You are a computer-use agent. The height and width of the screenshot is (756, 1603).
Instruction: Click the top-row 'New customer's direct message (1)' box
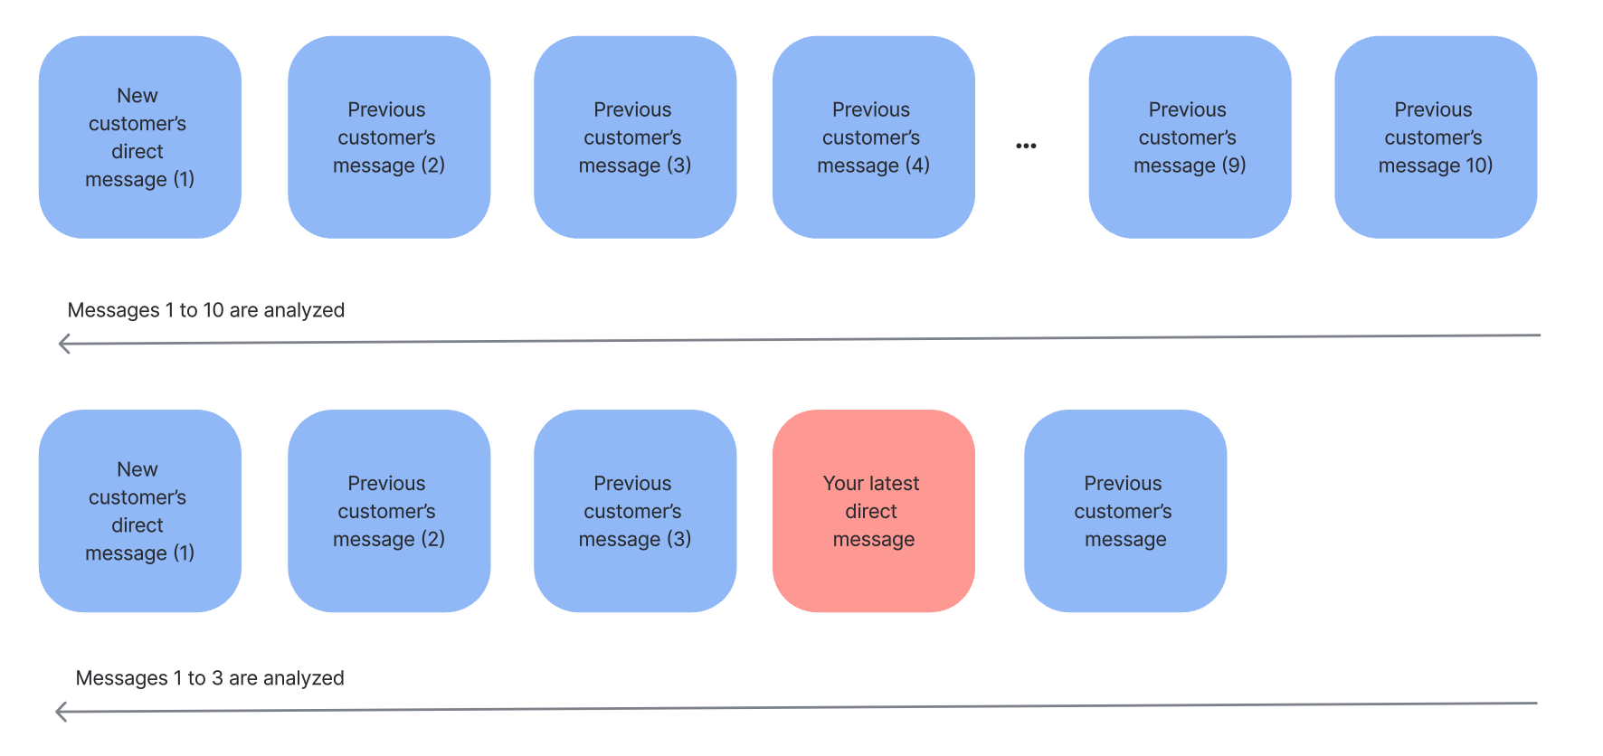pos(139,137)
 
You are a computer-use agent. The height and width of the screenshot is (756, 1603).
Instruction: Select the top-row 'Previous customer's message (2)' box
pos(389,137)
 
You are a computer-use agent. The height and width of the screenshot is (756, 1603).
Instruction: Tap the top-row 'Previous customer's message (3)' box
pos(634,137)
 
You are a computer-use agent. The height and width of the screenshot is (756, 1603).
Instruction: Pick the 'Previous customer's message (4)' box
pos(873,137)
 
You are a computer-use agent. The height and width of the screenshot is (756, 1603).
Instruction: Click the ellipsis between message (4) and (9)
pos(1026,146)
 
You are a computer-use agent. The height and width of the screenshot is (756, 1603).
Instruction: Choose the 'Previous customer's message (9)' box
pos(1190,137)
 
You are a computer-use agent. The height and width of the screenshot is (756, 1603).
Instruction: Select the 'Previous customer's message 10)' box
pos(1436,137)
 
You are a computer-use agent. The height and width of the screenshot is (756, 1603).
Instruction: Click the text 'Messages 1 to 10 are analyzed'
pos(206,310)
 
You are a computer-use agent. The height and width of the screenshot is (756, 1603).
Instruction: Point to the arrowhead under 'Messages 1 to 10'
pos(63,344)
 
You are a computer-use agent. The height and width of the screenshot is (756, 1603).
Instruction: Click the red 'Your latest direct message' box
pos(873,511)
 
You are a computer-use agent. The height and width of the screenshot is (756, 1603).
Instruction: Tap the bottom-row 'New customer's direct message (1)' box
pos(139,511)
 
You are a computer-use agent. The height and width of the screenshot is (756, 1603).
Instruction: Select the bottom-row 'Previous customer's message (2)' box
pos(389,511)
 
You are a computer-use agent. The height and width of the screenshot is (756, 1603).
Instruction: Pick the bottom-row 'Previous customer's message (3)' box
pos(634,511)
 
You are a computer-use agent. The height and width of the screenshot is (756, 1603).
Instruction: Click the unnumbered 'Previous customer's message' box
pos(1125,511)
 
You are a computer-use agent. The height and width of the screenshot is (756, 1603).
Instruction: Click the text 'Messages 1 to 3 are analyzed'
pos(210,678)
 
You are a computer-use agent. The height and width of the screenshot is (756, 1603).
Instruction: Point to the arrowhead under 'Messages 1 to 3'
pos(61,712)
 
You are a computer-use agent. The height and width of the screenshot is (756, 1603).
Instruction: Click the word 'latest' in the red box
pos(892,484)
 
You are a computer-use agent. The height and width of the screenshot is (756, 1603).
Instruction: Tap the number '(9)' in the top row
pos(1233,165)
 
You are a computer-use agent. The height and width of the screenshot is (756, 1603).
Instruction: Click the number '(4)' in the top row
pos(916,165)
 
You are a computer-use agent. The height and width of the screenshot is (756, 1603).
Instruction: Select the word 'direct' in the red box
pos(871,512)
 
